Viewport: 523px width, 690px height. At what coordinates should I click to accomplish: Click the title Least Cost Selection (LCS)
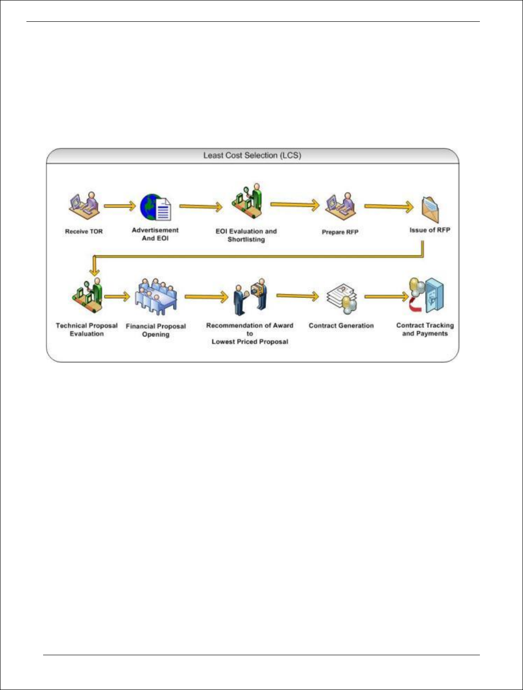[252, 155]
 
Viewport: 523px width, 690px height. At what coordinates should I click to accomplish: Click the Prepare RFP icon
[340, 207]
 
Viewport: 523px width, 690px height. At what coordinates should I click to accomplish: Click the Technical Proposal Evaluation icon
[88, 297]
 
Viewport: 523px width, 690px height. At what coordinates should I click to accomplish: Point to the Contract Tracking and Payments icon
[426, 295]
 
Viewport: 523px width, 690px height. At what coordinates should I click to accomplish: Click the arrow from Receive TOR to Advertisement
[120, 205]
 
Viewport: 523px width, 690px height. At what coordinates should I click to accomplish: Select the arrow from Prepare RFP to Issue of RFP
[389, 206]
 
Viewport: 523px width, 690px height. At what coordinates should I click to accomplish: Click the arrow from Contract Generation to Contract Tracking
[386, 296]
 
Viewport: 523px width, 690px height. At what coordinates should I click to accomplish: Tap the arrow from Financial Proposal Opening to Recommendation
[207, 297]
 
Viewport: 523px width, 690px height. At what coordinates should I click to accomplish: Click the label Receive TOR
[84, 231]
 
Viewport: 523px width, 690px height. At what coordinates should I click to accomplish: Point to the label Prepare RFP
[340, 232]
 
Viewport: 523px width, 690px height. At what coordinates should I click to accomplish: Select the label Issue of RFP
[430, 230]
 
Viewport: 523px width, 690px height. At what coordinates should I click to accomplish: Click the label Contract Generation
[341, 326]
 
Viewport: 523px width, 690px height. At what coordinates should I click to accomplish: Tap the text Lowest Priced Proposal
[250, 342]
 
